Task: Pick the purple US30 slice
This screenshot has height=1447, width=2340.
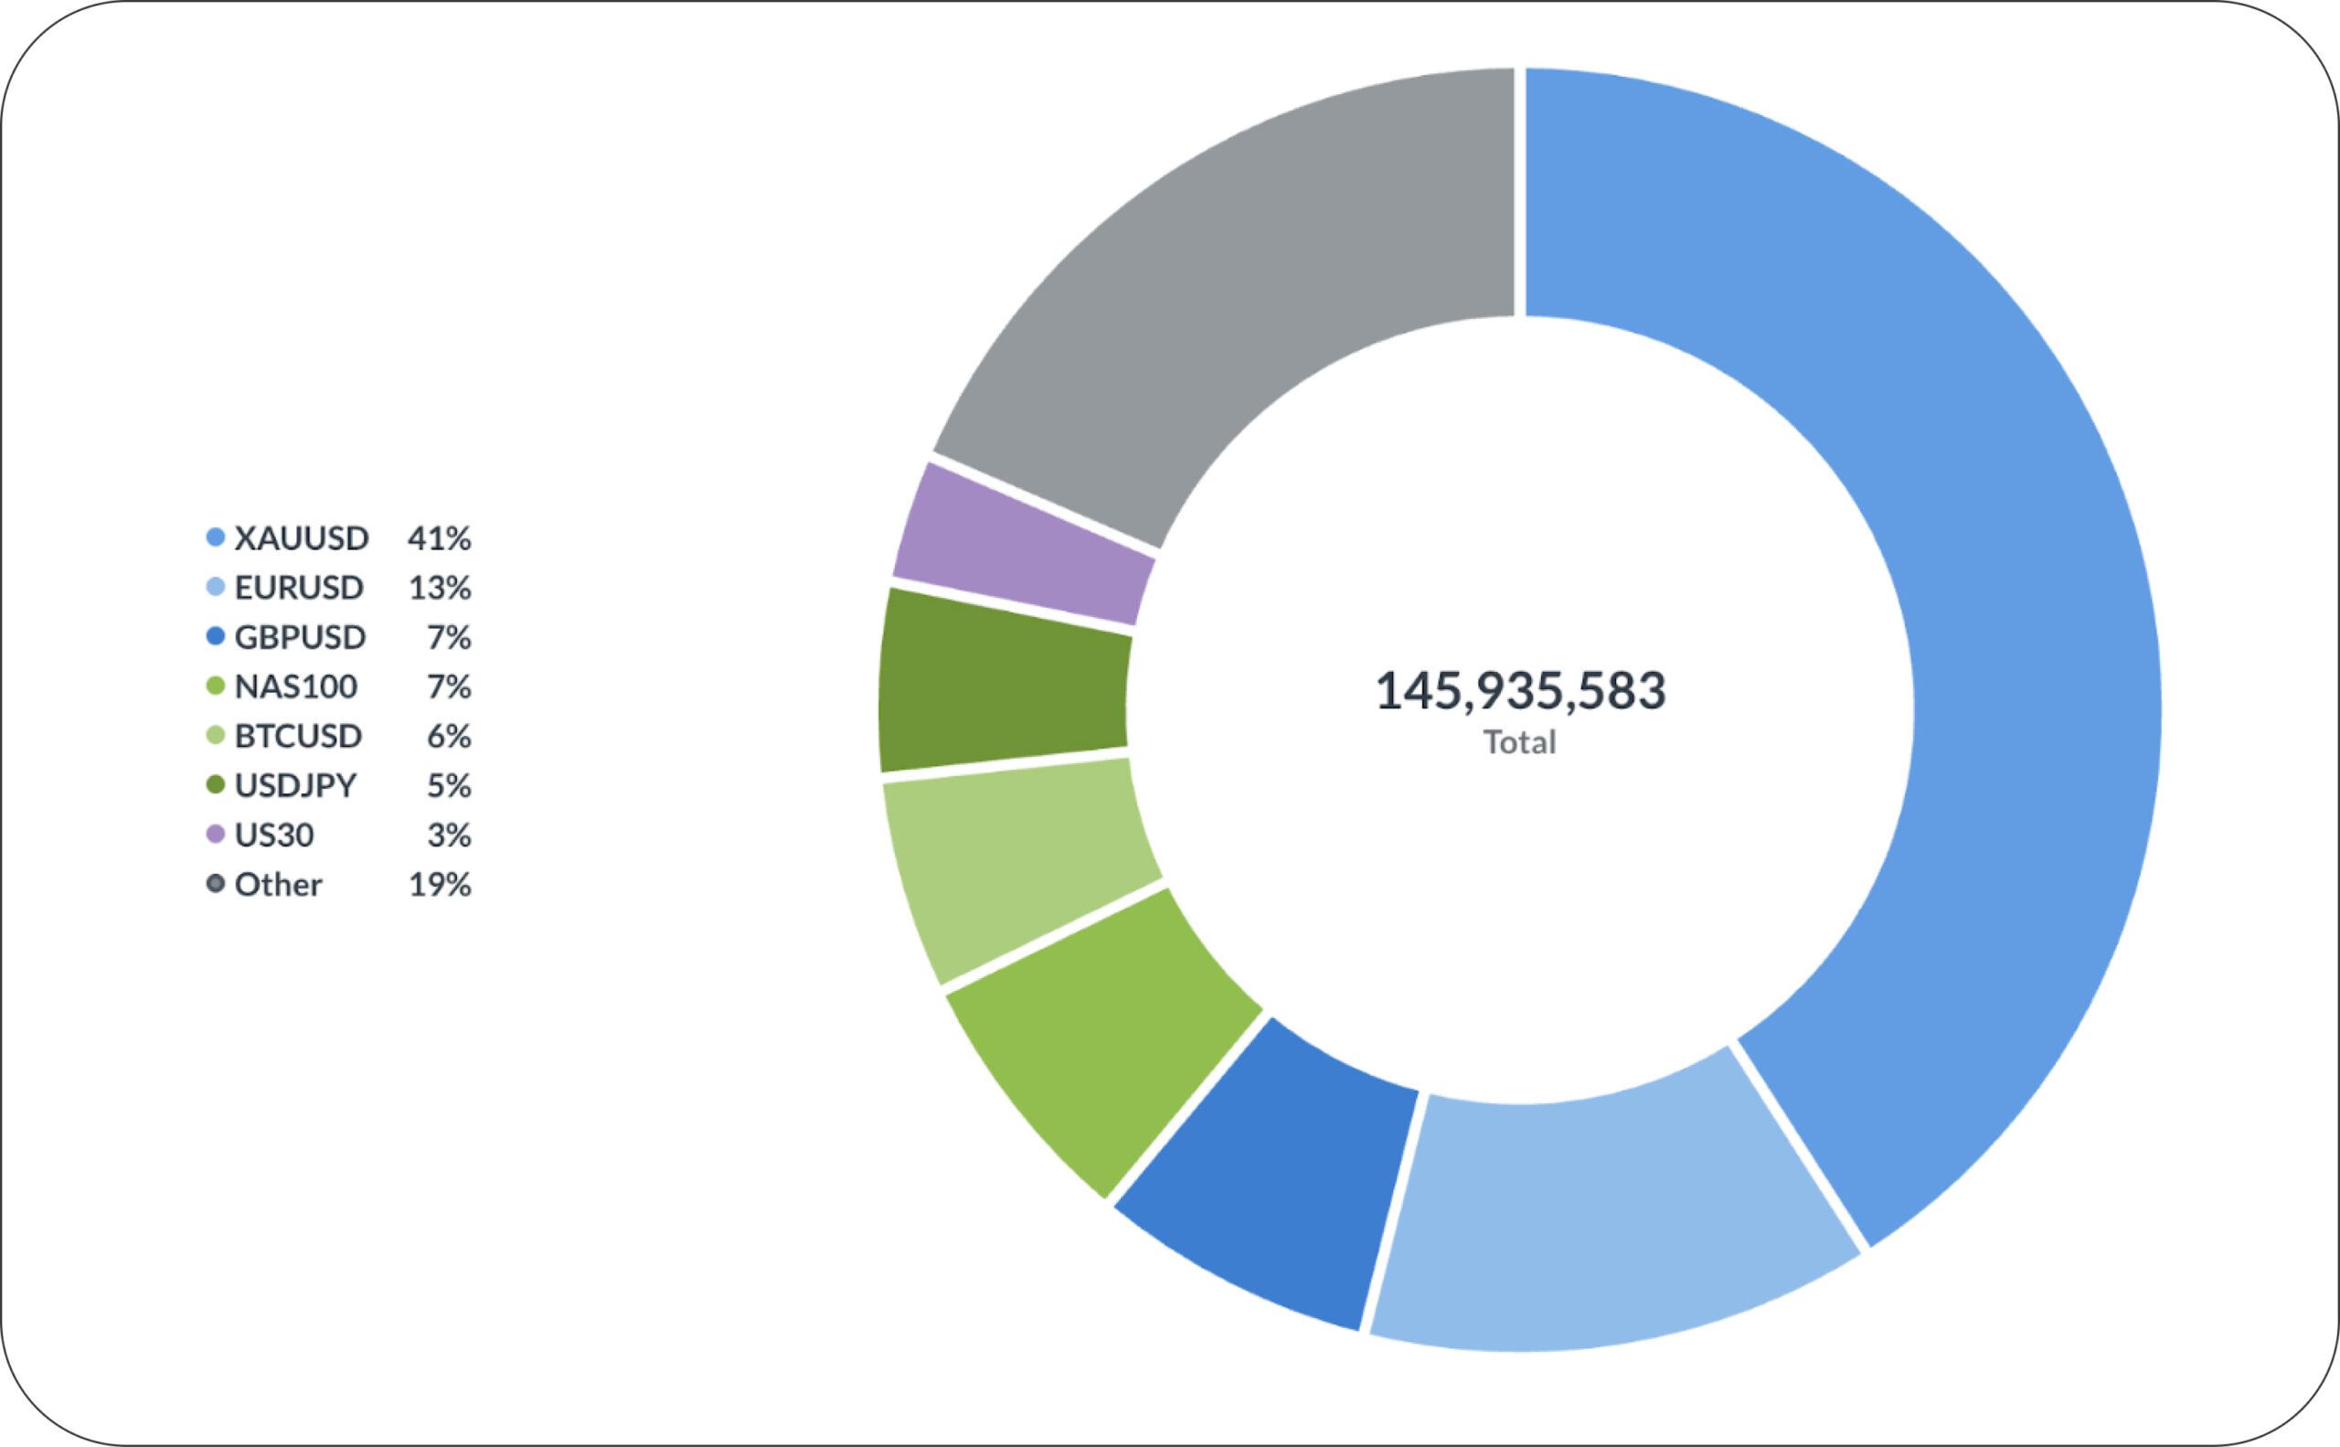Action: (x=1024, y=546)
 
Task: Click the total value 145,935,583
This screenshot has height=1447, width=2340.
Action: (x=1520, y=690)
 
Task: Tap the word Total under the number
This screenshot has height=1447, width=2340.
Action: (x=1520, y=742)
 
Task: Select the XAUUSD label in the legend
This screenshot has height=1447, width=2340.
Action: (x=302, y=537)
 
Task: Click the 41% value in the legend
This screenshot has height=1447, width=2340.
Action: (x=440, y=537)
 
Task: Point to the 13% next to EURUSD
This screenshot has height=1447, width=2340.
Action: (x=440, y=588)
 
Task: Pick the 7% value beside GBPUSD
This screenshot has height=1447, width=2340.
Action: (x=449, y=637)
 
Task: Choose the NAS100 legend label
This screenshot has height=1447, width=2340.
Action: (x=296, y=686)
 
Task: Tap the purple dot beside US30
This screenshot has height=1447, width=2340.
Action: (x=216, y=835)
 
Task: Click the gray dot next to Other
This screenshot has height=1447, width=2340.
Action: (x=216, y=883)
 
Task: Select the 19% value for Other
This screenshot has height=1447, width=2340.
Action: (x=440, y=884)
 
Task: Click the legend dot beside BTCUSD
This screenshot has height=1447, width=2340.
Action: (x=216, y=735)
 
